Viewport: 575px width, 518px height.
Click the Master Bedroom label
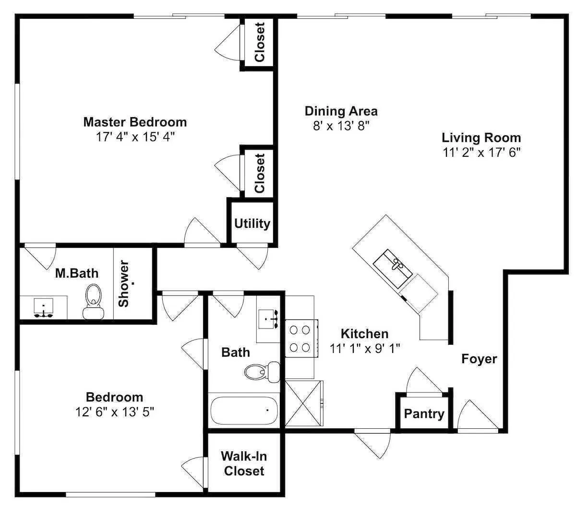(135, 122)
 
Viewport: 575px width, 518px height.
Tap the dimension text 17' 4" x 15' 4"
(135, 137)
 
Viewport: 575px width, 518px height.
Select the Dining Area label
(341, 111)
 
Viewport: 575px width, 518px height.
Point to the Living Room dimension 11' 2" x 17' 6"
(481, 152)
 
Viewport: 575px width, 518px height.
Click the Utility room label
(252, 224)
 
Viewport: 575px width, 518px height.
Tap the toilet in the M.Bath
(93, 302)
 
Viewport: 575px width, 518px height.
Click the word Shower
(123, 283)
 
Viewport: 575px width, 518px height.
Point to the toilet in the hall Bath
(262, 372)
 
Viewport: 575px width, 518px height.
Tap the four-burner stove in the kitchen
(301, 338)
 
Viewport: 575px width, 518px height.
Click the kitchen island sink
(393, 268)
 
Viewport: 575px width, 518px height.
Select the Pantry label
(424, 414)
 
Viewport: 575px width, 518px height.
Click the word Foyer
(479, 359)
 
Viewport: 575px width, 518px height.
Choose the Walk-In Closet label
(244, 463)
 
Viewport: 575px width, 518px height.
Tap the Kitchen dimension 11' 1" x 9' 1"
(364, 348)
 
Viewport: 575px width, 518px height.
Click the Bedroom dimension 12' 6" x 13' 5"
(114, 412)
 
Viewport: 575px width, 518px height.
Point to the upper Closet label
(260, 42)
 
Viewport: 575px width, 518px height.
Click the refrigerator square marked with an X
(304, 403)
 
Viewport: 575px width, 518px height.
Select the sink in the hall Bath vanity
(268, 319)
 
